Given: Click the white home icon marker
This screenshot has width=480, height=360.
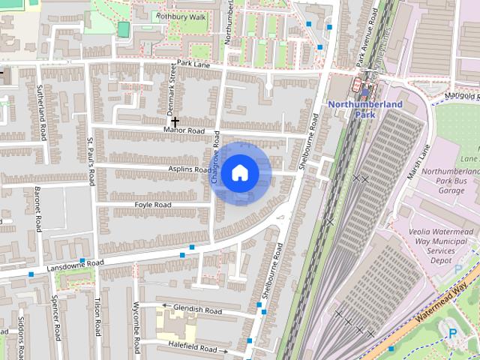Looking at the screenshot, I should pyautogui.click(x=239, y=172).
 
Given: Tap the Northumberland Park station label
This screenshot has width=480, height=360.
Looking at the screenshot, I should pyautogui.click(x=365, y=109).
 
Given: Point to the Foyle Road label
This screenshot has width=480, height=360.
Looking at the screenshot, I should pyautogui.click(x=153, y=205).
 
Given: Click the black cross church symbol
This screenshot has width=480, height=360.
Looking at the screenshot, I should pyautogui.click(x=175, y=121).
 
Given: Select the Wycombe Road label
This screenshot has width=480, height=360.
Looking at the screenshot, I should pyautogui.click(x=136, y=327).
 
